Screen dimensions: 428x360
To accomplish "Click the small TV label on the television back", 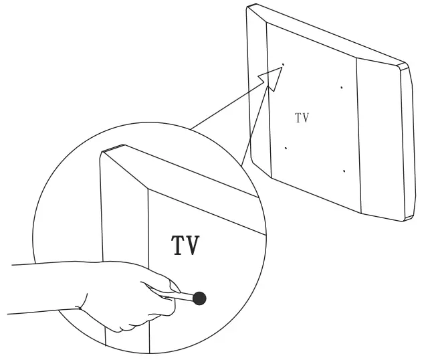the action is [x=302, y=118].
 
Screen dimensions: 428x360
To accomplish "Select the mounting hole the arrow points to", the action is [x=283, y=65].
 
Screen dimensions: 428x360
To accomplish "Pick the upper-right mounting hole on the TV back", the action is [x=341, y=87].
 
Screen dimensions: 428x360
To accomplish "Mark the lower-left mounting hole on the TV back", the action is [x=286, y=148].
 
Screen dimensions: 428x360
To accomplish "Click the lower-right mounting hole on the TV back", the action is [x=344, y=171].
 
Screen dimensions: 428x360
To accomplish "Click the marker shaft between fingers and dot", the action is [x=182, y=295].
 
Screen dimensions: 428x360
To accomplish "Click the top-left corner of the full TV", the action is [x=249, y=6].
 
